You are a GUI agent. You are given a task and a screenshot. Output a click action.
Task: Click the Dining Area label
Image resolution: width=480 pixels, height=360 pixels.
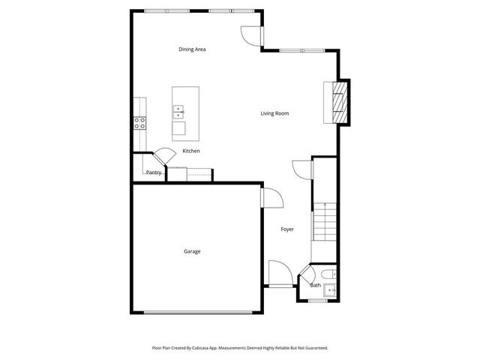point(192,49)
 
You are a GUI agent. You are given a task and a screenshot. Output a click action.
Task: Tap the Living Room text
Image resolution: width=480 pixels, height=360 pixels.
point(274,113)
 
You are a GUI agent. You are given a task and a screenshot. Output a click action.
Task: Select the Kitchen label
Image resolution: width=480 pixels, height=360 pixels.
point(191,151)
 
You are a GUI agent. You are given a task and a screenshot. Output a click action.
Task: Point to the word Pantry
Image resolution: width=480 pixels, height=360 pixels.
point(154,172)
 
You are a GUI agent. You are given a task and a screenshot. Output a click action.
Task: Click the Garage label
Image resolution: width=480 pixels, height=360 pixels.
point(192,251)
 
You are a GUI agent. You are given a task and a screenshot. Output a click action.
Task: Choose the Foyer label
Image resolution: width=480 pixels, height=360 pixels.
point(287,229)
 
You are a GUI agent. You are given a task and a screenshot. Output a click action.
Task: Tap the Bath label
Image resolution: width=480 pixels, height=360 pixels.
point(316,285)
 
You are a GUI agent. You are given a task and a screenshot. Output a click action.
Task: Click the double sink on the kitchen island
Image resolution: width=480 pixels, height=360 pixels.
point(178,113)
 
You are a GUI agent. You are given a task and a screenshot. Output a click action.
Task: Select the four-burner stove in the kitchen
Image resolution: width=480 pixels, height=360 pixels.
point(140,123)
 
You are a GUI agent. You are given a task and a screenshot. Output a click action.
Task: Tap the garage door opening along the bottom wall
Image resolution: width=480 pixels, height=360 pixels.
point(197,311)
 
